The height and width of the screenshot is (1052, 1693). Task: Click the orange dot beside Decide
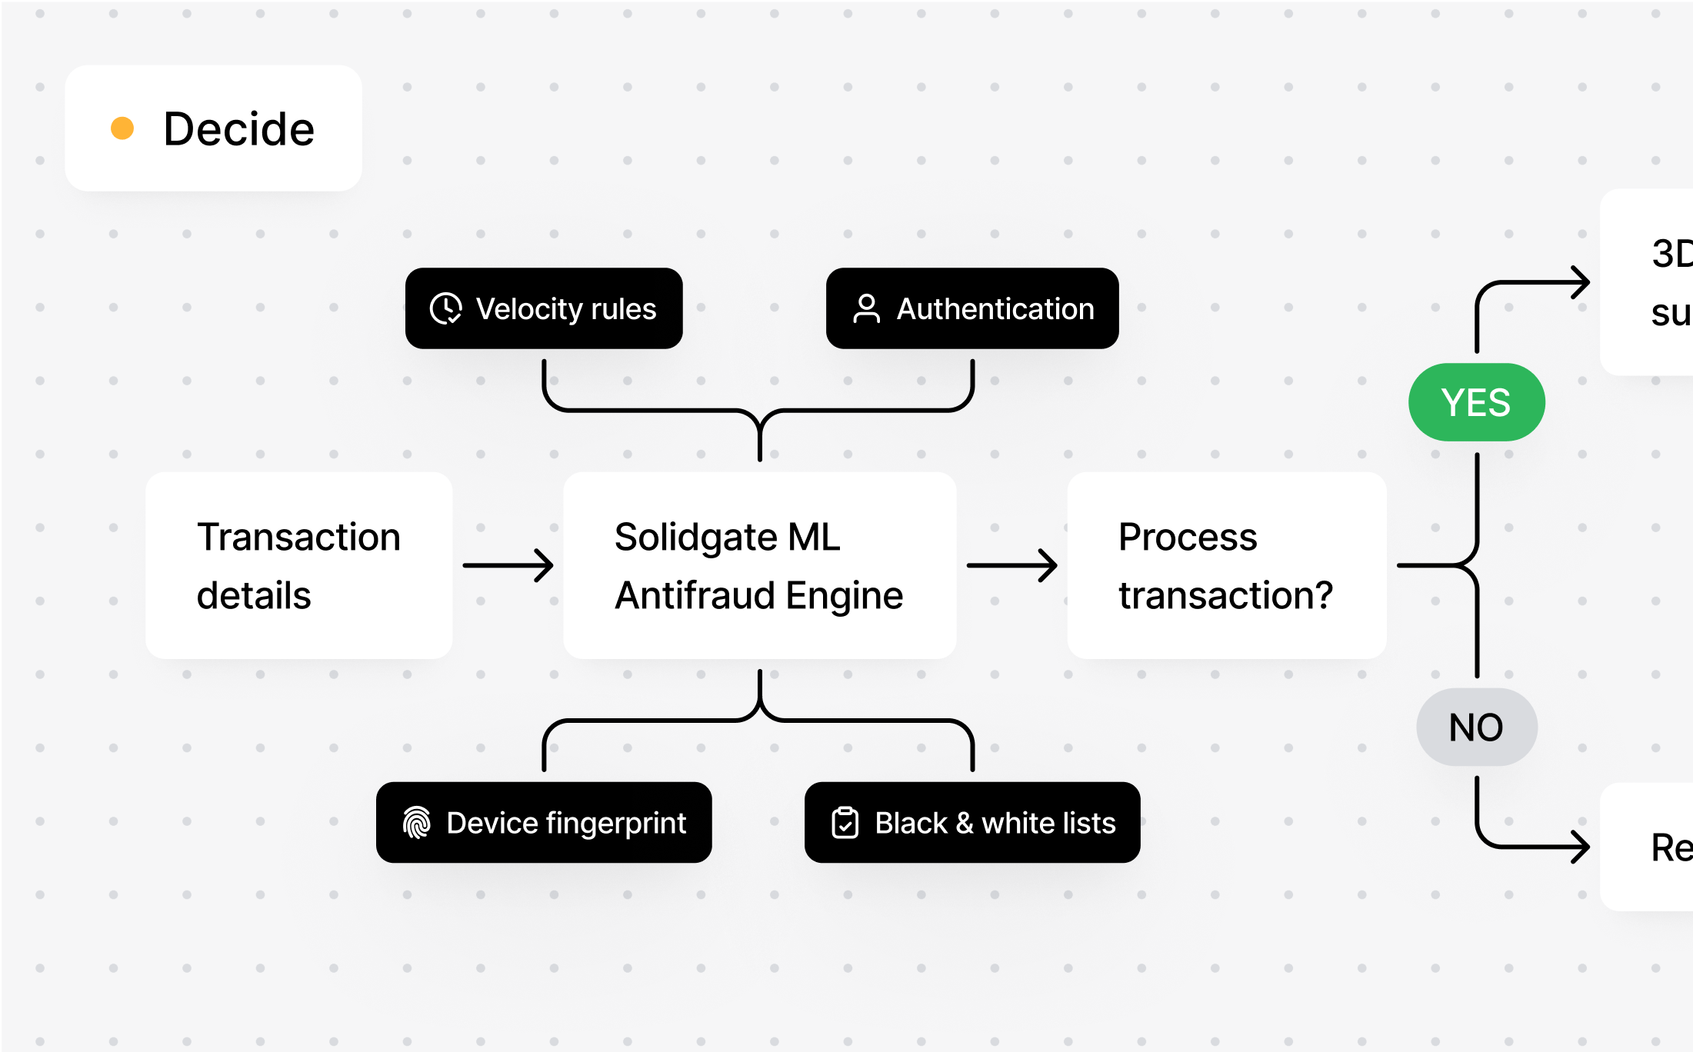click(x=122, y=128)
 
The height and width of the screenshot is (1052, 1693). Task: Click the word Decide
click(x=238, y=128)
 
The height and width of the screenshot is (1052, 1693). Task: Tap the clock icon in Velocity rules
click(x=445, y=308)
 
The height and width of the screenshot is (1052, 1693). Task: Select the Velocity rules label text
click(x=565, y=308)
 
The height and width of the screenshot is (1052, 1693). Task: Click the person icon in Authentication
click(x=866, y=308)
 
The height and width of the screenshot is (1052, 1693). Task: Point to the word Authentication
click(x=995, y=308)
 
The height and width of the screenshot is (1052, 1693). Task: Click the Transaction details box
click(x=298, y=565)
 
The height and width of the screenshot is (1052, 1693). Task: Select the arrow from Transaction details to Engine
click(x=508, y=565)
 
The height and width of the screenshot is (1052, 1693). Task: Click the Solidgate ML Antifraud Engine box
click(x=759, y=565)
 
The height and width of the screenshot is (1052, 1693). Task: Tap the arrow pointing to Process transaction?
click(x=1011, y=565)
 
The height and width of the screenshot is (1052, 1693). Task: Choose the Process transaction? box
click(x=1226, y=565)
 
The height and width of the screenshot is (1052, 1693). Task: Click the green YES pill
click(x=1476, y=402)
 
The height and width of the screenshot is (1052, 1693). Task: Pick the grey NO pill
click(x=1476, y=727)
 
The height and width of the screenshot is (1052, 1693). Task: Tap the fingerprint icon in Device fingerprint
click(x=416, y=823)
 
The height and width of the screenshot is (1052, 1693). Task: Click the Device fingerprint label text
click(x=566, y=823)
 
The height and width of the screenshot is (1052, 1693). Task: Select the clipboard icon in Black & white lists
click(x=845, y=823)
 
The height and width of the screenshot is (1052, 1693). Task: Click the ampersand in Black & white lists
click(x=965, y=824)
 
